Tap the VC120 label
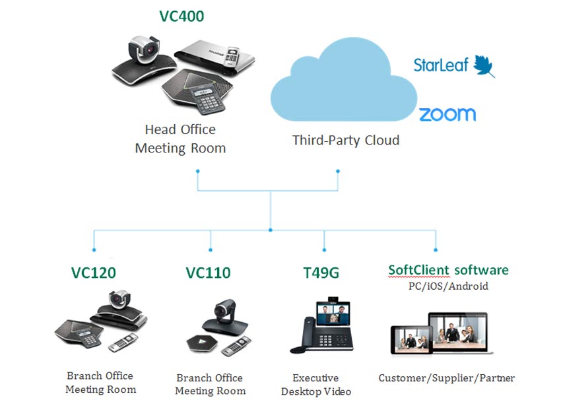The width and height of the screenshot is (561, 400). point(94,272)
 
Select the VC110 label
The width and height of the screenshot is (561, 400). point(208,272)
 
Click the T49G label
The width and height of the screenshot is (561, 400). point(323,272)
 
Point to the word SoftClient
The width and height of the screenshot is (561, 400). point(418,270)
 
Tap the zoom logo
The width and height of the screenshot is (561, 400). point(447,114)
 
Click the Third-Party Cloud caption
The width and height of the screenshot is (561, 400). point(346,140)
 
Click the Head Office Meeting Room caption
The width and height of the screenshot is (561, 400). point(180,139)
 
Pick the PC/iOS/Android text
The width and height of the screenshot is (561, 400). point(447,286)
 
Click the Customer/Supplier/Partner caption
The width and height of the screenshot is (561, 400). point(446,378)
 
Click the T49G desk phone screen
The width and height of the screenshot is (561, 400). point(333,311)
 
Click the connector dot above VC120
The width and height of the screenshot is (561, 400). point(94,250)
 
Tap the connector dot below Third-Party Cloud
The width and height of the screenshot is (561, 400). point(338,172)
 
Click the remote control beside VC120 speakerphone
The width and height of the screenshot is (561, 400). point(123,343)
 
